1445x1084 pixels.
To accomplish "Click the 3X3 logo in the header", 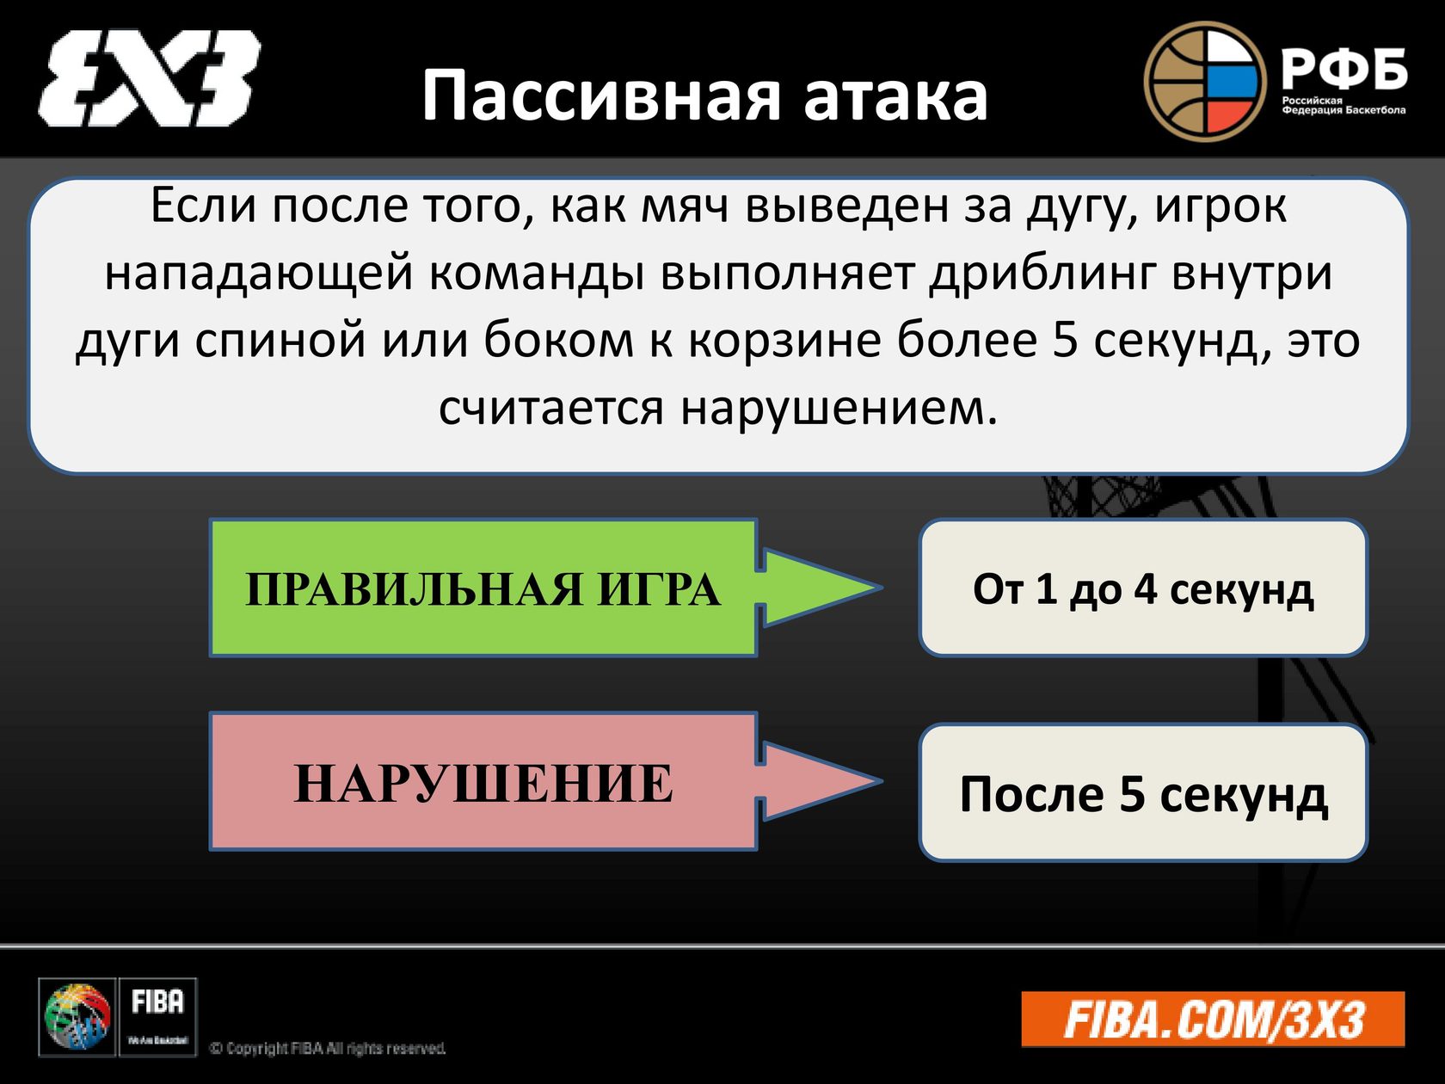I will [x=149, y=78].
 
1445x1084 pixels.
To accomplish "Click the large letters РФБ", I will [x=1344, y=69].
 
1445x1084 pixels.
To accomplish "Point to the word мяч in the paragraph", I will [x=685, y=206].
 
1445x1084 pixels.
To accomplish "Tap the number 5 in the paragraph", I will [x=1065, y=340].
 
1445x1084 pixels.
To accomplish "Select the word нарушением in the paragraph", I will [x=839, y=407].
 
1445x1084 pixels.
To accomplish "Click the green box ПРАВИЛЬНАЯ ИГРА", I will [x=483, y=588].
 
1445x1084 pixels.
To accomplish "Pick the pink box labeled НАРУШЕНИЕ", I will [x=483, y=782].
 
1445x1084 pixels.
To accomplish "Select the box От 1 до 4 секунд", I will [x=1143, y=588].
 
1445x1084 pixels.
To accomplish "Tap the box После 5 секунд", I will [x=1143, y=792].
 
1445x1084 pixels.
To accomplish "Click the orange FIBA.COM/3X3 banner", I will [x=1213, y=1019].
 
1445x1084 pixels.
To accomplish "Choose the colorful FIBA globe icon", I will [x=77, y=1018].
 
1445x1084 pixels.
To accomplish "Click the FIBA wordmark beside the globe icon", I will [x=157, y=1003].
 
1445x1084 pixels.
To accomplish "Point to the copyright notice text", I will [x=328, y=1048].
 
